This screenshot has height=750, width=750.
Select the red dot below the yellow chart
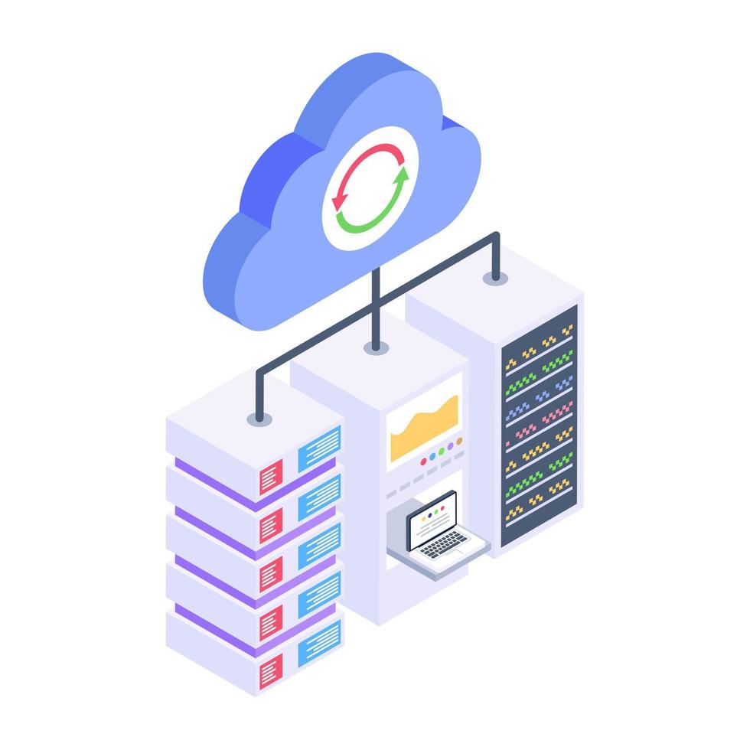coord(423,461)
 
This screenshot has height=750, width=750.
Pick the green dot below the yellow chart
coord(441,451)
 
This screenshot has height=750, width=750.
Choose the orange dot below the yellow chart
coord(459,441)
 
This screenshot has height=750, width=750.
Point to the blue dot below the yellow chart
coord(432,456)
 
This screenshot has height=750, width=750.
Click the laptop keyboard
coord(444,544)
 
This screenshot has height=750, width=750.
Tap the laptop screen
coord(432,520)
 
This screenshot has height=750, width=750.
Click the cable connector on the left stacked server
coord(259,419)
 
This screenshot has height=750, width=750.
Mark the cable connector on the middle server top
coord(375,347)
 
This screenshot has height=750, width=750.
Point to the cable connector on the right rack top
coord(495,277)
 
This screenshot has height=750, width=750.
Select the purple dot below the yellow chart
coord(450,445)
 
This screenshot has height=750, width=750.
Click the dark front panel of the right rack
coord(539,426)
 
